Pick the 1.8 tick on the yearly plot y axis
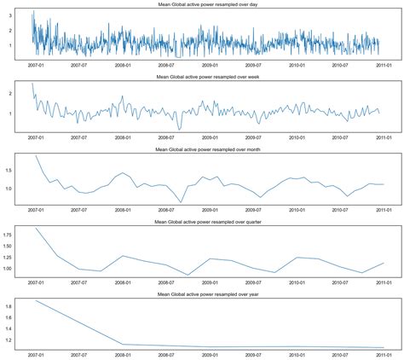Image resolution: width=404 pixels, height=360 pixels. pyautogui.click(x=19, y=305)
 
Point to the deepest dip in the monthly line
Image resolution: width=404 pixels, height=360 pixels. pyautogui.click(x=181, y=202)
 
